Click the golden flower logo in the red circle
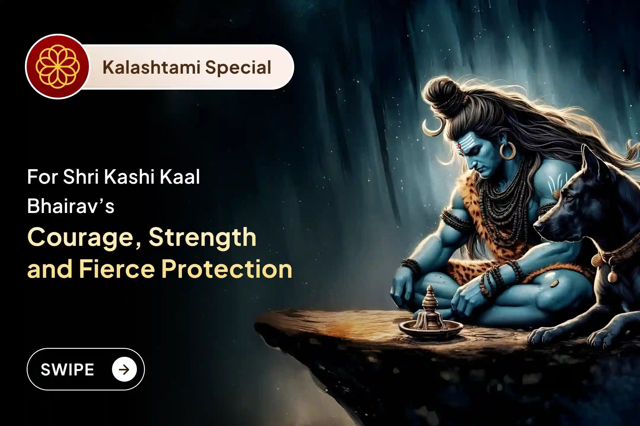(x=57, y=67)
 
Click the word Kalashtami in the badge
(x=151, y=67)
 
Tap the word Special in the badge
(x=238, y=67)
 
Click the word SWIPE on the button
(x=67, y=369)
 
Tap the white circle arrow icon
(x=124, y=369)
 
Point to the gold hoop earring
(x=507, y=151)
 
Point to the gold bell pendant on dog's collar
(x=612, y=277)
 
